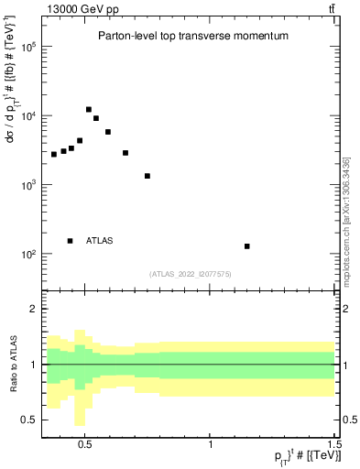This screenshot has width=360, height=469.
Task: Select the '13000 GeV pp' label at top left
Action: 81,9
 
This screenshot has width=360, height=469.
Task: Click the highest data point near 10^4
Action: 89,110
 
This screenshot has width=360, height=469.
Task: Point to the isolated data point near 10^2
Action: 247,246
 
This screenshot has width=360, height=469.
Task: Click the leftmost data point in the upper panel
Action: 54,154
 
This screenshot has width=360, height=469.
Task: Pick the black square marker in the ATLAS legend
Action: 70,241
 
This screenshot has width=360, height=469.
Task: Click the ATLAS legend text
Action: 100,241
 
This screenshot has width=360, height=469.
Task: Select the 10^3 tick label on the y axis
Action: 27,185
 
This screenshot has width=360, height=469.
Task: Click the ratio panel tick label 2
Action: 33,310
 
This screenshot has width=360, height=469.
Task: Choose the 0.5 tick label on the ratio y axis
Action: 28,420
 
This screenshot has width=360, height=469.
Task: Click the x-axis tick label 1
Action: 212,443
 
